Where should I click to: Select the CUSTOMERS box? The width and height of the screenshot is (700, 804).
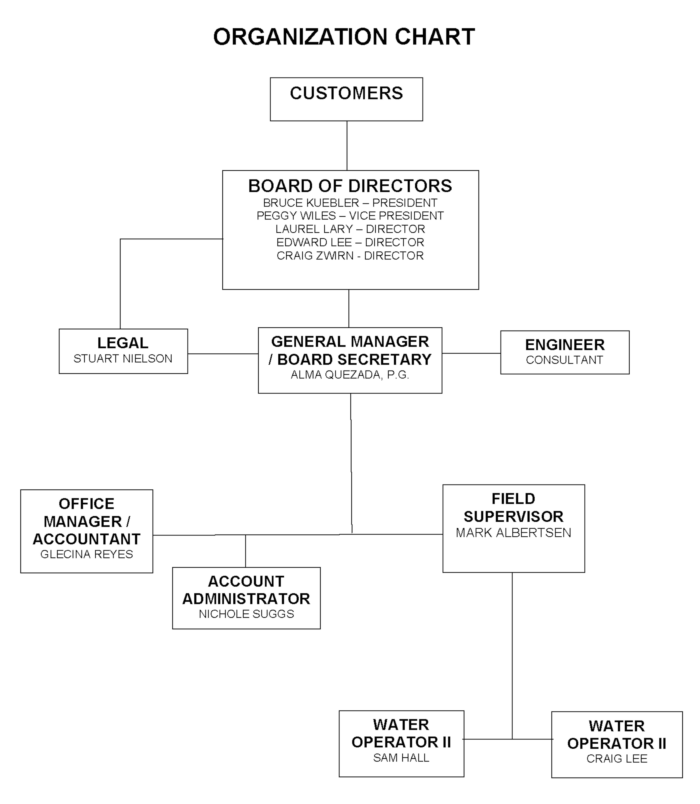(347, 99)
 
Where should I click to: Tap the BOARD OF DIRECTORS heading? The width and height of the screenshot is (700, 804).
(350, 186)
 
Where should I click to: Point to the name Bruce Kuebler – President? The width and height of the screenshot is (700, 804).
(350, 203)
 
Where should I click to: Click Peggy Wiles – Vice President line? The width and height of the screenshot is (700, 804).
(350, 216)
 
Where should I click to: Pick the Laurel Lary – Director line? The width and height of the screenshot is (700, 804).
(350, 229)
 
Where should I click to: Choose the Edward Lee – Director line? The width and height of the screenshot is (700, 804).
(350, 242)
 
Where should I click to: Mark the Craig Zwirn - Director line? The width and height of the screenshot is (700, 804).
(350, 256)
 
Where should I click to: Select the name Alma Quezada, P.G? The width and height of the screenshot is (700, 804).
(350, 375)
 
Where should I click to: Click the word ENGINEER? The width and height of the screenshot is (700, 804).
(565, 345)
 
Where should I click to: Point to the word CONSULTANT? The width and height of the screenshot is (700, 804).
(564, 360)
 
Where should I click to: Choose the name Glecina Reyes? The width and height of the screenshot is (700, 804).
(87, 554)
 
